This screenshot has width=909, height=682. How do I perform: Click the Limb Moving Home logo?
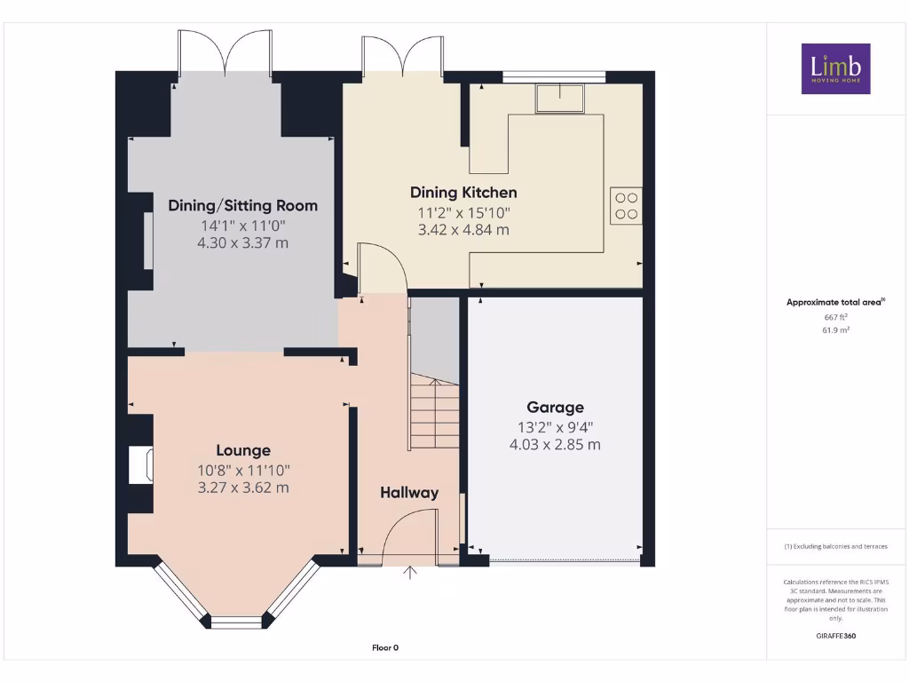click(x=835, y=68)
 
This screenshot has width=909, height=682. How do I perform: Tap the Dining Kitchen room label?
click(x=463, y=193)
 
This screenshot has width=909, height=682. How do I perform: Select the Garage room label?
click(x=555, y=408)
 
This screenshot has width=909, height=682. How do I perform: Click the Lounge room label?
click(x=243, y=451)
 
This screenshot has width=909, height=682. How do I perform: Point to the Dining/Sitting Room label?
click(x=242, y=206)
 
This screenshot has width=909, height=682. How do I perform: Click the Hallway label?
click(x=409, y=493)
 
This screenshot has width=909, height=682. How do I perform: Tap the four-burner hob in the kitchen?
click(x=626, y=206)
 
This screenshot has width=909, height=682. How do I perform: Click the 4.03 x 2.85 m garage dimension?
click(x=555, y=444)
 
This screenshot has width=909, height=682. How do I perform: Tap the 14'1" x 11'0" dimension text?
click(x=242, y=226)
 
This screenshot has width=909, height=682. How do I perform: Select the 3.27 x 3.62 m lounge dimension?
click(x=243, y=488)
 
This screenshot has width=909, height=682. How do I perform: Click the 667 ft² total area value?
click(x=835, y=317)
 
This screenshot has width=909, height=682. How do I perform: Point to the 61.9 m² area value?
click(x=835, y=329)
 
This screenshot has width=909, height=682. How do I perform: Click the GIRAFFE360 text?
click(x=835, y=636)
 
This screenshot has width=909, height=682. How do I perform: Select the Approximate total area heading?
click(x=835, y=303)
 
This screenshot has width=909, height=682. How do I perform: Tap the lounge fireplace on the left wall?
click(x=140, y=466)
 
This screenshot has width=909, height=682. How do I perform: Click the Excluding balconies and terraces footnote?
click(x=835, y=546)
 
